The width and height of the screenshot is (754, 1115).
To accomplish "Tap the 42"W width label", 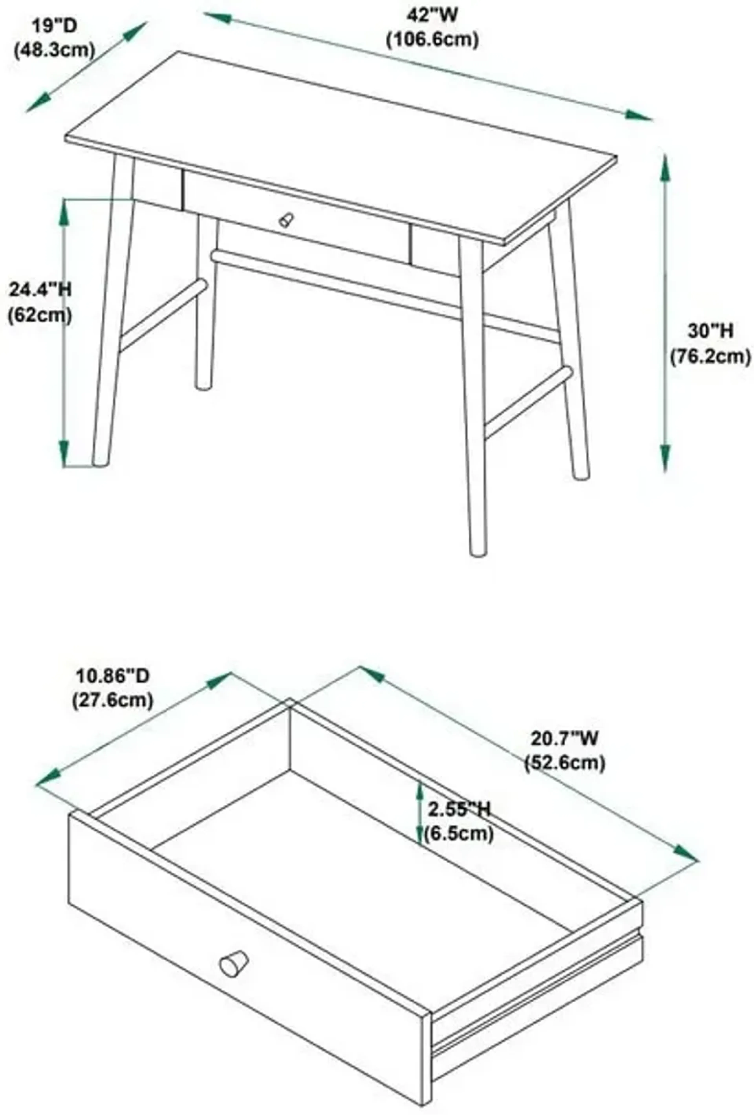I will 432,15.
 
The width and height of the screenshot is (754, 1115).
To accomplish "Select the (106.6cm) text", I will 432,39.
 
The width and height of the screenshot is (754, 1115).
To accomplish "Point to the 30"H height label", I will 710,331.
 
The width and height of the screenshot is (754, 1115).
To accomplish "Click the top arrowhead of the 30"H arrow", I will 665,166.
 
